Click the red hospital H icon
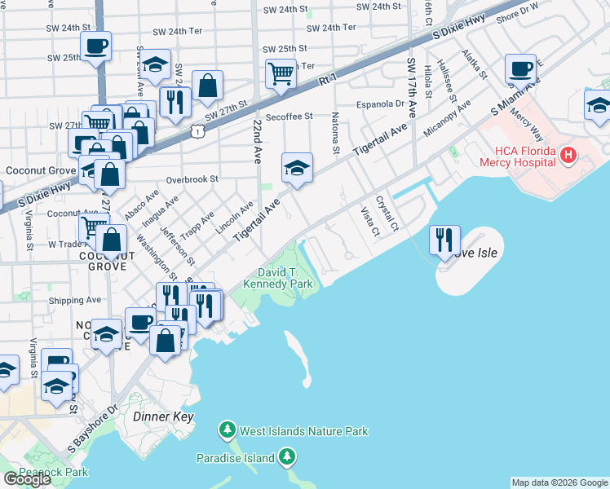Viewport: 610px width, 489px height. pyautogui.click(x=568, y=154)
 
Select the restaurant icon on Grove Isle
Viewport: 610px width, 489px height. pyautogui.click(x=444, y=240)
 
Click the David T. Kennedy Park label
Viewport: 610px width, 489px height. pyautogui.click(x=274, y=278)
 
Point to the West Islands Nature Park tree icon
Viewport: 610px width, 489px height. pyautogui.click(x=228, y=430)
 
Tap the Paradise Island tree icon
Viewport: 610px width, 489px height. pyautogui.click(x=286, y=458)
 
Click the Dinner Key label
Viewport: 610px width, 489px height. pyautogui.click(x=162, y=416)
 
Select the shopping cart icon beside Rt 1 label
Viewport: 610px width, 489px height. pyautogui.click(x=281, y=73)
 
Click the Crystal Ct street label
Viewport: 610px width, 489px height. pyautogui.click(x=387, y=213)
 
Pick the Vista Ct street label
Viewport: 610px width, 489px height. pyautogui.click(x=370, y=222)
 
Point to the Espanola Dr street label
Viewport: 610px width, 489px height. pyautogui.click(x=381, y=104)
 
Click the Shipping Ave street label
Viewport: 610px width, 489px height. pyautogui.click(x=75, y=300)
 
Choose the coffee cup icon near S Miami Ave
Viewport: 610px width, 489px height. pyautogui.click(x=519, y=69)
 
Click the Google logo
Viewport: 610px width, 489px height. pyautogui.click(x=27, y=479)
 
